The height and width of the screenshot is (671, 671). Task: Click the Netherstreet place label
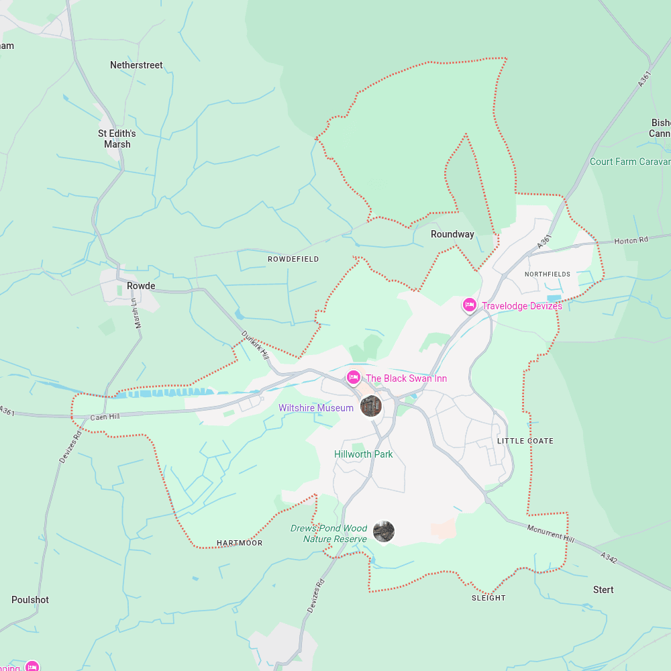(x=136, y=65)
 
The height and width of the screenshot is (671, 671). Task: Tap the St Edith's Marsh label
(x=117, y=139)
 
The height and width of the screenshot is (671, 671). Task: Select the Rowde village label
(x=141, y=286)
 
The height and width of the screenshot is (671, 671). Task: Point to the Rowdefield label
(x=293, y=259)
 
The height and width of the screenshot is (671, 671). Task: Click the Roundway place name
(x=452, y=234)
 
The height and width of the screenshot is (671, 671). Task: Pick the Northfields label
(x=548, y=274)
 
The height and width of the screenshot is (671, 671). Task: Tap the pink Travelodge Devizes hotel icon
(x=470, y=305)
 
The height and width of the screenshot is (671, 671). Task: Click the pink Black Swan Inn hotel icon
(x=353, y=378)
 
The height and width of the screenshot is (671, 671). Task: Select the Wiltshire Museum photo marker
(x=370, y=405)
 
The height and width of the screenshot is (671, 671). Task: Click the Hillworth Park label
(x=364, y=454)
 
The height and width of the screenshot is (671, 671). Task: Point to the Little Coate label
(x=525, y=441)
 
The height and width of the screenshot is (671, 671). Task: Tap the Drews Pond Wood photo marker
(x=384, y=531)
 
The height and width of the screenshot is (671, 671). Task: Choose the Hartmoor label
(x=240, y=543)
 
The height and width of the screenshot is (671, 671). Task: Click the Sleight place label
(x=488, y=598)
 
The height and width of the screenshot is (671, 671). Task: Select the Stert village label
(x=603, y=590)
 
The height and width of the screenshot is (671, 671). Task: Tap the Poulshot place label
(x=30, y=600)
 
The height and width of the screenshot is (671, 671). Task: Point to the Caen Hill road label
(x=105, y=417)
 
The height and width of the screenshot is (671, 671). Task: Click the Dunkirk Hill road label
(x=255, y=344)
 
